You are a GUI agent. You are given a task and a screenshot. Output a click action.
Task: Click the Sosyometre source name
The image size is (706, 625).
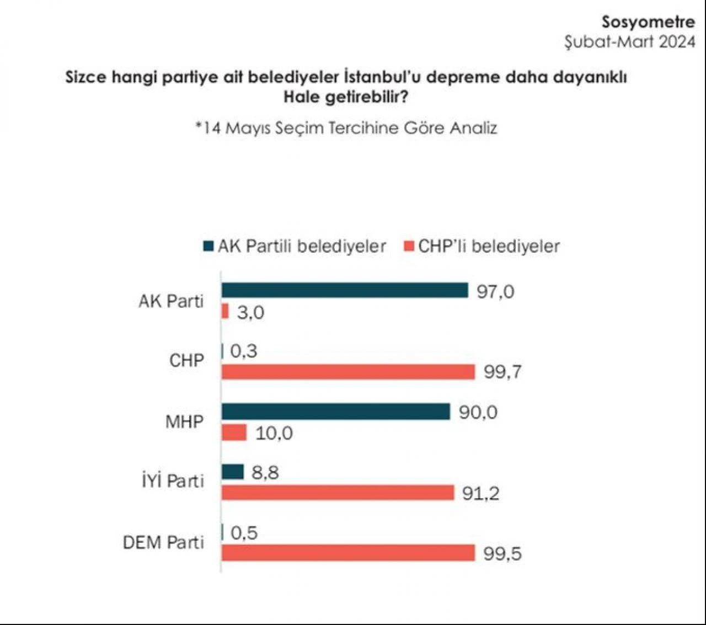648,22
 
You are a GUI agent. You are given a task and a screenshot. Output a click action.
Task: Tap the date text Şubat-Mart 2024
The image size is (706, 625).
629,42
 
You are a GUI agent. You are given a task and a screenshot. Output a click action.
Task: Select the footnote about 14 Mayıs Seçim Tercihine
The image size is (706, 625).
346,128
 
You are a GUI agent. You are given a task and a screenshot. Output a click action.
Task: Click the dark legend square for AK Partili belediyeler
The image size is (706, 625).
208,246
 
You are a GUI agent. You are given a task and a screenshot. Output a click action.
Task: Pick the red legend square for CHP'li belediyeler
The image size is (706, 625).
409,246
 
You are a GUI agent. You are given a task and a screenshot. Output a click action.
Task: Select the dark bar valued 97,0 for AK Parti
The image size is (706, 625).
345,290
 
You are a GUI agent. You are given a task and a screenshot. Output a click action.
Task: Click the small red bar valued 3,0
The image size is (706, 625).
225,312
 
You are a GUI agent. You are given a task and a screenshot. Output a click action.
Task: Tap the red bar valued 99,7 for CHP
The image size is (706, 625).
348,372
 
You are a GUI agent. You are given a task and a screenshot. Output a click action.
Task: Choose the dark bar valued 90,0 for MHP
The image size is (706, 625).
336,412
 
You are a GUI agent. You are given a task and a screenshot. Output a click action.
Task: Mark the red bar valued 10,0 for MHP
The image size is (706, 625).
234,432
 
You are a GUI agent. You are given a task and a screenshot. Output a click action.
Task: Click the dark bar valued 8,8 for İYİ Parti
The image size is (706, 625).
232,472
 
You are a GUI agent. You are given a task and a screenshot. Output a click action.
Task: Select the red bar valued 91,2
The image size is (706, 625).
338,493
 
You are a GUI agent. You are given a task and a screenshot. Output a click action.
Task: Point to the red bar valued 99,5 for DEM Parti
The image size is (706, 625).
348,553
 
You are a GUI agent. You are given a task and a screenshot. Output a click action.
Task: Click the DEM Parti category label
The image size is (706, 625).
163,542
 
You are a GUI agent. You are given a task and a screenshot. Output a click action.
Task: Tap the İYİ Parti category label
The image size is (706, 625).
173,481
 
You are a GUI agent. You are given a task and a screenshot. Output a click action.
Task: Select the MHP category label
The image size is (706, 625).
184,422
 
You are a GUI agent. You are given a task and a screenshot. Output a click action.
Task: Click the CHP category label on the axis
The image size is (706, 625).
186,360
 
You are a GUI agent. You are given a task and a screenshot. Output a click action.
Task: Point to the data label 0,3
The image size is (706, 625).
243,351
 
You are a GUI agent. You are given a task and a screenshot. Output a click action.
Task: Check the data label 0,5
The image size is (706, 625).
244,532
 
